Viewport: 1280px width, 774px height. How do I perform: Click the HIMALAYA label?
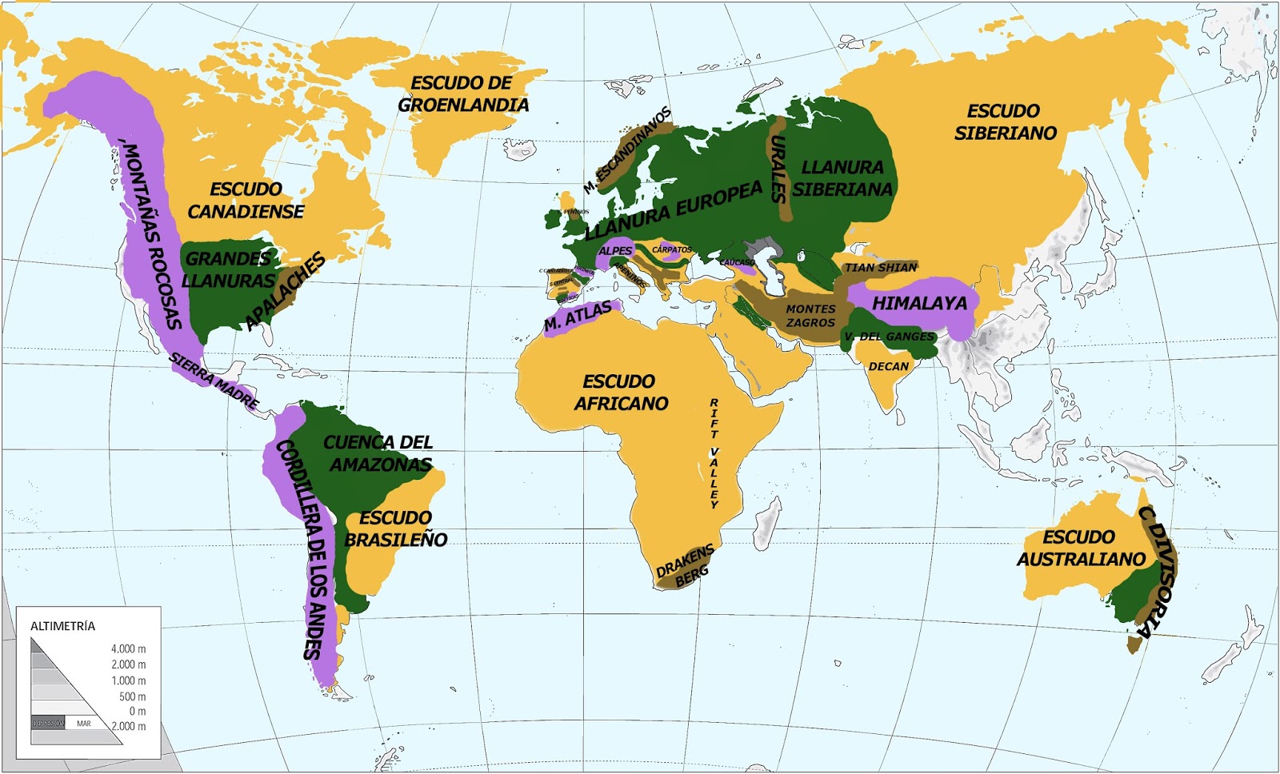[x=919, y=304]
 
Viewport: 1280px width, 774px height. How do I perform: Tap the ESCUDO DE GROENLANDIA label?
[x=463, y=94]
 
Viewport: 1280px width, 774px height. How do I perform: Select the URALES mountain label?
[x=778, y=168]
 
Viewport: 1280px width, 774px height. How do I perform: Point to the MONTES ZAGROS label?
[x=810, y=316]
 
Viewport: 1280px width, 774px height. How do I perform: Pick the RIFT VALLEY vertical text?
[x=714, y=453]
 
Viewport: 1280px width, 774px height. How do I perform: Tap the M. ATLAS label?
[x=578, y=317]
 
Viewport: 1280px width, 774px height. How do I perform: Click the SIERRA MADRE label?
[x=214, y=381]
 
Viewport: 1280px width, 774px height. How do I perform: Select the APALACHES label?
[x=286, y=290]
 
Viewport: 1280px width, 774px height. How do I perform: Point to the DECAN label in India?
[x=889, y=366]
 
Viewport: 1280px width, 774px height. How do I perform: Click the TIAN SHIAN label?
[x=882, y=267]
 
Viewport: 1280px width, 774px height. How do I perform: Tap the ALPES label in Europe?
[x=615, y=251]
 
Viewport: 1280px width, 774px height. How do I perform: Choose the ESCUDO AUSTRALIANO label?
[x=1080, y=548]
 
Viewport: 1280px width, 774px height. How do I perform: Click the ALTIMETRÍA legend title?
[x=62, y=626]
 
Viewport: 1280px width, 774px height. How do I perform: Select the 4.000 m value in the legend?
[x=128, y=649]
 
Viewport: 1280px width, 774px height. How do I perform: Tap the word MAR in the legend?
[x=84, y=724]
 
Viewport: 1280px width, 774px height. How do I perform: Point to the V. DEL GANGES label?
[x=889, y=337]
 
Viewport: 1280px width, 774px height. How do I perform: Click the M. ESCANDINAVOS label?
[x=628, y=150]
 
